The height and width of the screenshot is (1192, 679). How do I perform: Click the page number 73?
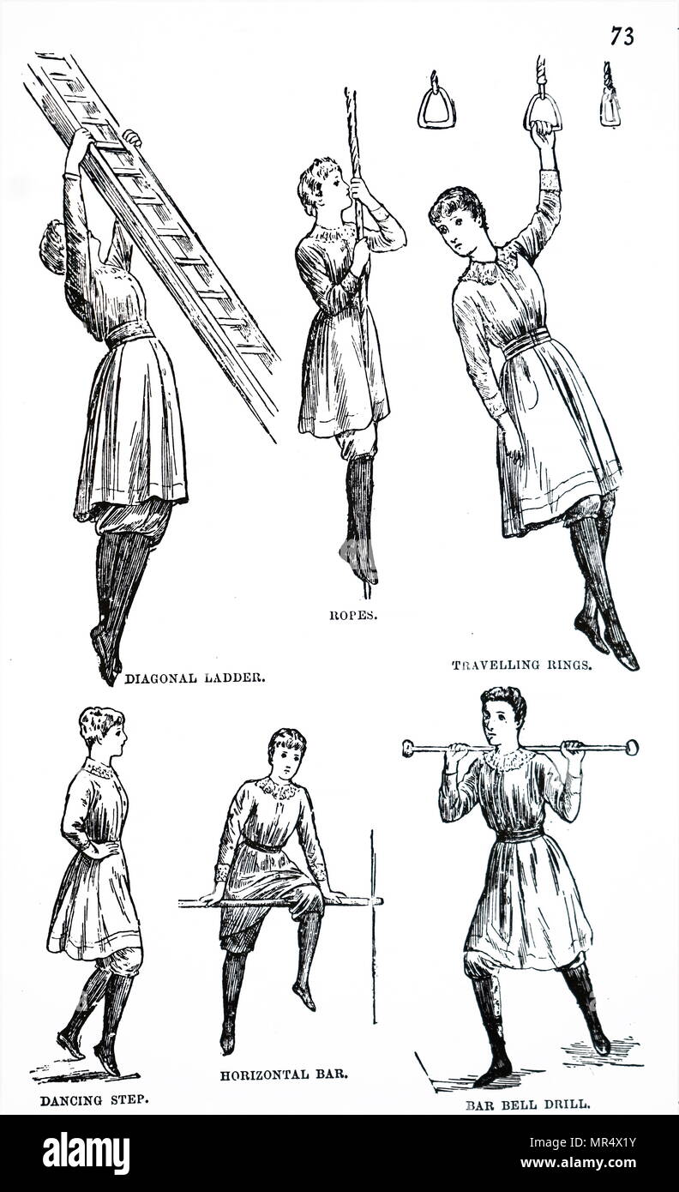pyautogui.click(x=623, y=36)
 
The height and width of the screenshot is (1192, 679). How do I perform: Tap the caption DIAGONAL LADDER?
pyautogui.click(x=195, y=677)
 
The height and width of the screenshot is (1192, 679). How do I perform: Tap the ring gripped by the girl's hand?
pyautogui.click(x=544, y=111)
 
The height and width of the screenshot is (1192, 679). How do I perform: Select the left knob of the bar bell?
pyautogui.click(x=409, y=748)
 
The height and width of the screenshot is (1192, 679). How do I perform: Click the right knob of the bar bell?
pyautogui.click(x=631, y=747)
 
